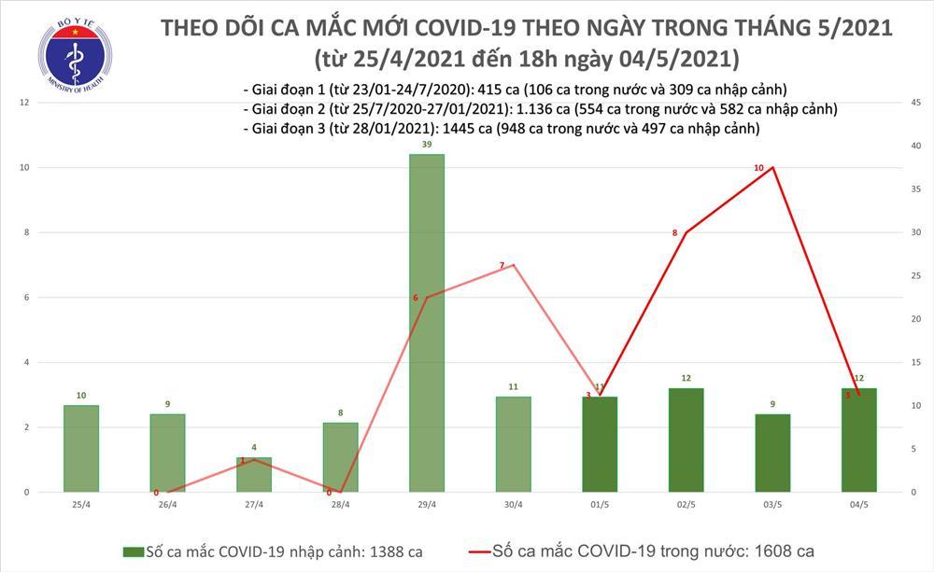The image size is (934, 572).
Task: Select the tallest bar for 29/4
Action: point(427,322)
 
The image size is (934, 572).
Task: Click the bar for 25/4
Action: point(81,448)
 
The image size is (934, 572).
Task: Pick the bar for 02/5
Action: point(686,439)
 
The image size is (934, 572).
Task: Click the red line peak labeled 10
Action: point(772,167)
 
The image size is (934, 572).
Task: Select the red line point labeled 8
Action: point(686,232)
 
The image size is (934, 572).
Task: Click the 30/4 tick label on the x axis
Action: point(514,505)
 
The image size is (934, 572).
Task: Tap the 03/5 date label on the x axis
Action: point(772,505)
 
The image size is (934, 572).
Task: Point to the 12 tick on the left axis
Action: point(24,103)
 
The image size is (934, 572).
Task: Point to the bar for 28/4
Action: point(341,457)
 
